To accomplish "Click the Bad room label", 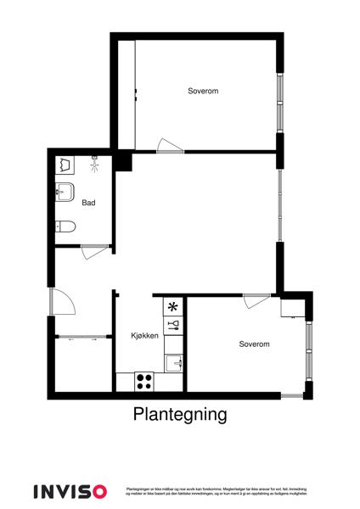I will click(88, 204).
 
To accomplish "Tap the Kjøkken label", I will click(145, 336).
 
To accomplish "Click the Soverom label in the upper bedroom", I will click(203, 90).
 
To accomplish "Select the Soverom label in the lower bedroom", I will click(254, 344).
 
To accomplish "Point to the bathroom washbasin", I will click(65, 191).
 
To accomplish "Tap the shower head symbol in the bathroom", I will click(94, 163).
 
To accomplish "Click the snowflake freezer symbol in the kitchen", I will click(173, 307).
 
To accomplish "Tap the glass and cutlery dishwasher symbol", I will click(173, 324).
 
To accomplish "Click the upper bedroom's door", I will click(168, 146).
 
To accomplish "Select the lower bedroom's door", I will click(255, 300).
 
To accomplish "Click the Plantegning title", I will click(180, 415).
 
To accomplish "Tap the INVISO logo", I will click(70, 490).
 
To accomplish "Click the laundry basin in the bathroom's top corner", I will click(66, 163).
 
